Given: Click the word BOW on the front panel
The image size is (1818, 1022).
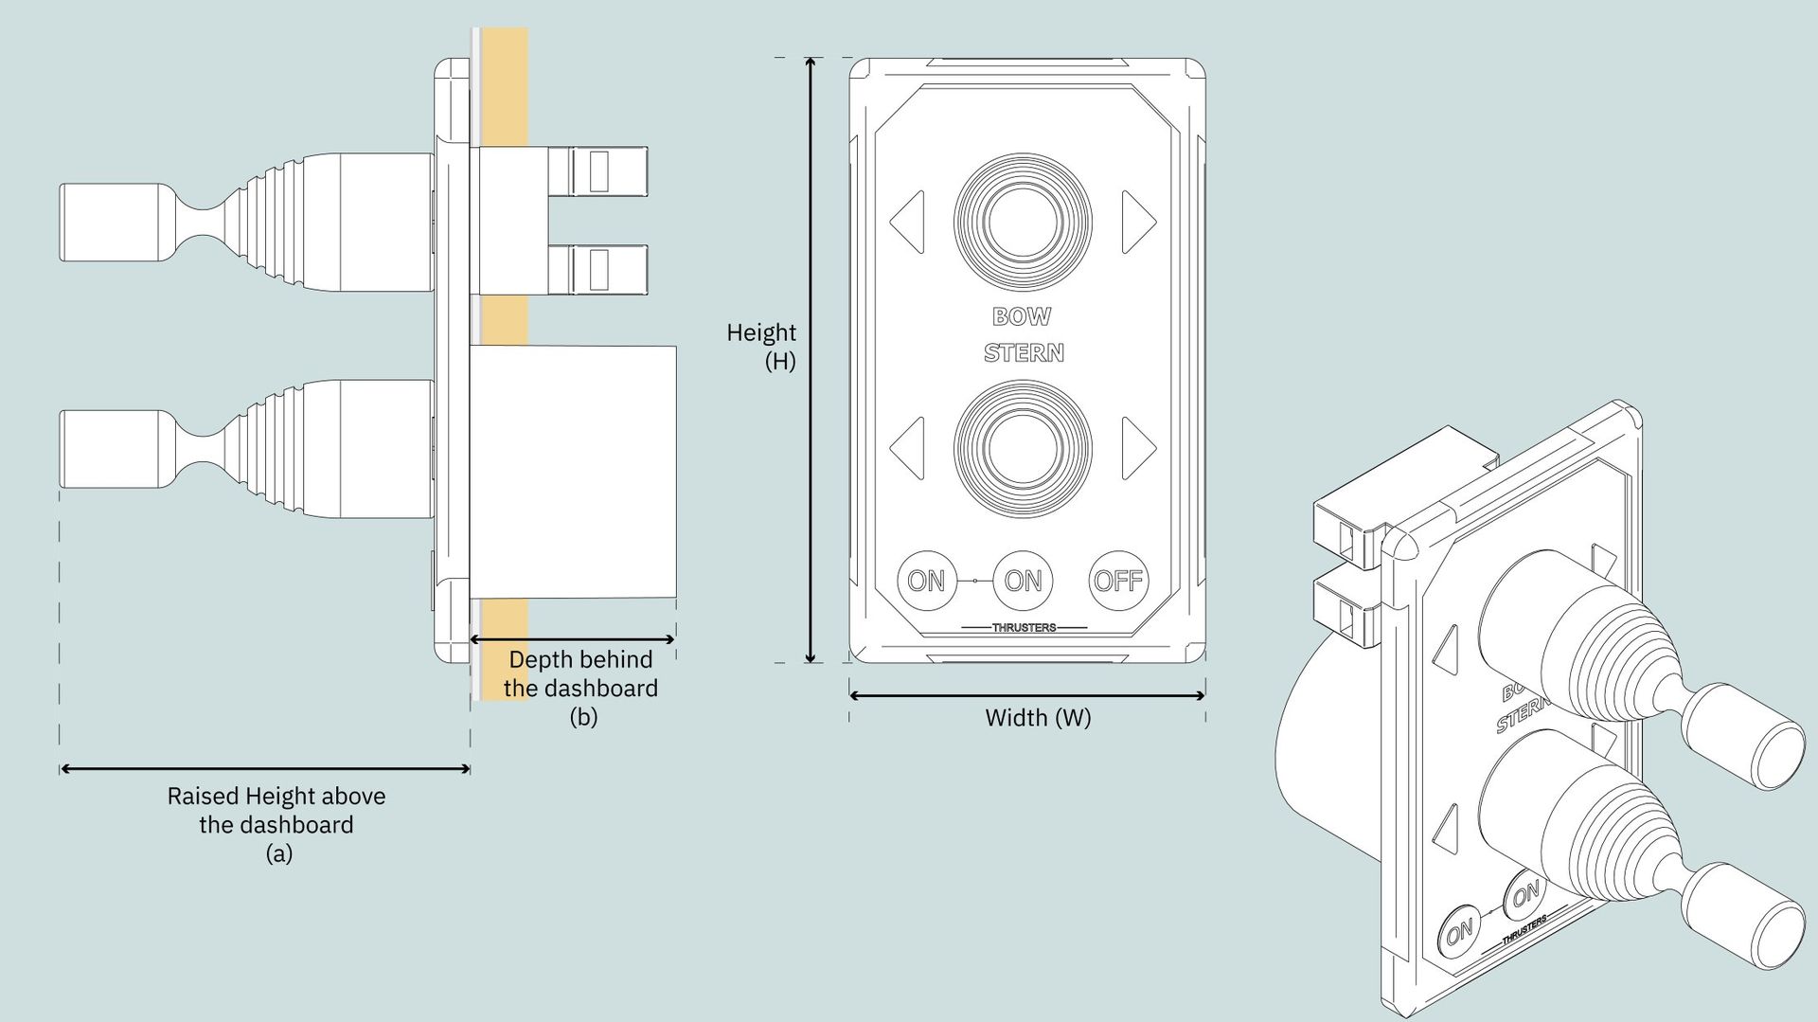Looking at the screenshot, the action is [x=1022, y=316].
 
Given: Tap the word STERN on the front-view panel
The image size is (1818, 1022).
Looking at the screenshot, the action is [x=1024, y=352].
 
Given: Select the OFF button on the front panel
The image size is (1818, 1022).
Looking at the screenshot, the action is [x=1118, y=580].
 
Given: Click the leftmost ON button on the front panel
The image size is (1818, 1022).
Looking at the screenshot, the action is [x=926, y=580].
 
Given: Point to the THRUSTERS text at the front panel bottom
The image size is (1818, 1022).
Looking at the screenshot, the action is [x=1024, y=627].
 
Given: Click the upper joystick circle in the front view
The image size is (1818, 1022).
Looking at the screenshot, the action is [x=1023, y=222].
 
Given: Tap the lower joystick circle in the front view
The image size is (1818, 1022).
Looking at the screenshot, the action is [x=1023, y=448].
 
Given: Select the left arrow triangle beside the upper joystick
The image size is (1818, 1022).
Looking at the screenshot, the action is [x=907, y=222].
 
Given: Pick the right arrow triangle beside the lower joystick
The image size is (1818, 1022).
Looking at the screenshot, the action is [x=1139, y=448].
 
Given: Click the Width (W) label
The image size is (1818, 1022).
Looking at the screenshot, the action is [x=1038, y=717].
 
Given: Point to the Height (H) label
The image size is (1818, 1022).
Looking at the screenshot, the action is [x=761, y=347].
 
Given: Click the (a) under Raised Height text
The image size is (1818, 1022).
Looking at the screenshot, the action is [x=278, y=853].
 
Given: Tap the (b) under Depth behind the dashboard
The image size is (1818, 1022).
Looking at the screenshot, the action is [x=583, y=717].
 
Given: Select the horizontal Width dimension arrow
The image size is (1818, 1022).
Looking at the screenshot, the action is [x=1027, y=695].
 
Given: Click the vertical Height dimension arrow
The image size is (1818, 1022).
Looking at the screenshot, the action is [x=811, y=360].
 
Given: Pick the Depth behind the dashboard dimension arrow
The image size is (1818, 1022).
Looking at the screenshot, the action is [x=573, y=639].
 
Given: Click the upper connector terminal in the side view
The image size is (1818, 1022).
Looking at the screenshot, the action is [x=598, y=171].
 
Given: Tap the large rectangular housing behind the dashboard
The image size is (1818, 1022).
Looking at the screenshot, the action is [x=573, y=472].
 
